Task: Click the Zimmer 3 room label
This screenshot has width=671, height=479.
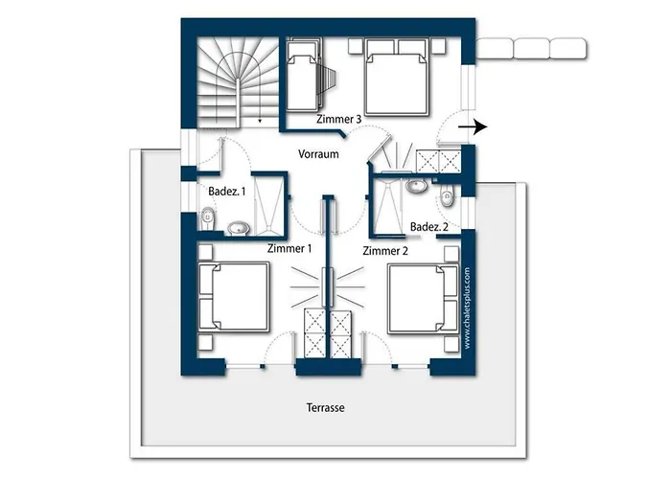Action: click(x=338, y=119)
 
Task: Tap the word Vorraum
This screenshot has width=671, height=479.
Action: click(x=319, y=154)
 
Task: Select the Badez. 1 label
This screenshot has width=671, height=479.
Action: click(x=227, y=192)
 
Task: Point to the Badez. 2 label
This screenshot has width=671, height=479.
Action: click(x=429, y=226)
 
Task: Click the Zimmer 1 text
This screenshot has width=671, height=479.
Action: click(x=289, y=248)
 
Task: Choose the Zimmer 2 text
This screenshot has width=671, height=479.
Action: click(x=385, y=250)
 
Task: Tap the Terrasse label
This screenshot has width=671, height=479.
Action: click(x=325, y=407)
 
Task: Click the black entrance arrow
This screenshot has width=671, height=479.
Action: click(x=474, y=126)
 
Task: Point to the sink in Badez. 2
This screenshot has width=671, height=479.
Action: click(x=417, y=186)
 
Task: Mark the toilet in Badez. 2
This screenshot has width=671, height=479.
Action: click(x=447, y=197)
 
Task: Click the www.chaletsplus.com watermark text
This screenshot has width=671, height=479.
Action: click(x=468, y=307)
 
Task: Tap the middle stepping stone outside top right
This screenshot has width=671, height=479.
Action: click(x=530, y=47)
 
